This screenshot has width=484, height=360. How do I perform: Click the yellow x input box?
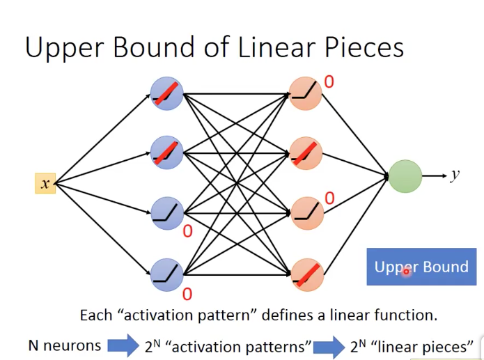(45, 183)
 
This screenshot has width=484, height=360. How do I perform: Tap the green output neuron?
(405, 176)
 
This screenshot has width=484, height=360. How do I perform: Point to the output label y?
(455, 175)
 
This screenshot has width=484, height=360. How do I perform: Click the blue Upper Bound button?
(421, 267)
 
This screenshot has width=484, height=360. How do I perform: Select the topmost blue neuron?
(166, 93)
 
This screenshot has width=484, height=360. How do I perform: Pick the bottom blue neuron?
(166, 275)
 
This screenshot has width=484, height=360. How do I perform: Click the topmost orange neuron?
(305, 93)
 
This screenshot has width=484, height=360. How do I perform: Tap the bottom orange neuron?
(307, 275)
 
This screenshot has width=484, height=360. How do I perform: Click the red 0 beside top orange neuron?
(329, 82)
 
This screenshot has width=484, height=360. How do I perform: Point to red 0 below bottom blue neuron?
(187, 294)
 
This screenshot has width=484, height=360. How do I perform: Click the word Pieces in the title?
(364, 48)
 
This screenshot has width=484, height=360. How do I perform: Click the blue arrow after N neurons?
(123, 346)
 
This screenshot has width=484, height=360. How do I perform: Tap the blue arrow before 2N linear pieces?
(329, 347)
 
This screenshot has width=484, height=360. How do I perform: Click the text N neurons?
(65, 345)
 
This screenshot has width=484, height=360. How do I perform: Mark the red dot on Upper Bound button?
(406, 272)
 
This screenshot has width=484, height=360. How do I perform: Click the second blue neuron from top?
(166, 152)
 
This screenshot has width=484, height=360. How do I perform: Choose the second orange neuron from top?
(306, 153)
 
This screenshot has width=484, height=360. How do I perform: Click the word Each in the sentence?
(95, 315)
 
